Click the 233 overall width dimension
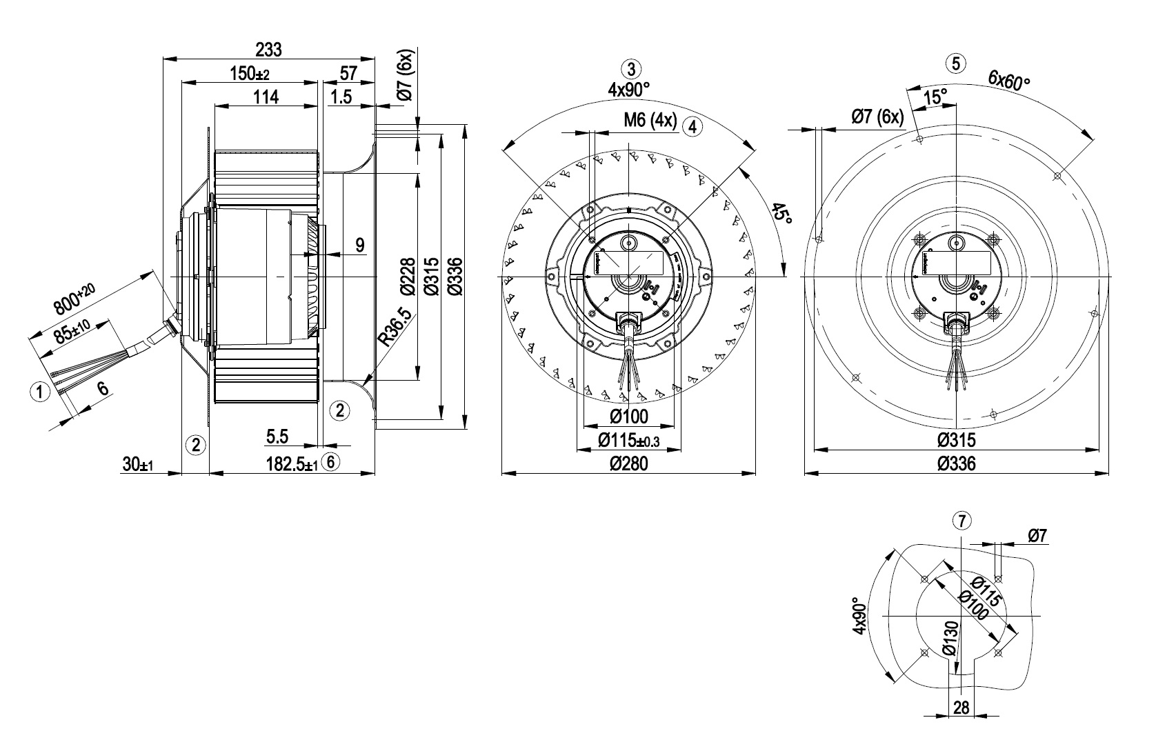pos(268,50)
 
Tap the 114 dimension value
pos(266,97)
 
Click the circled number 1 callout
pos(41,392)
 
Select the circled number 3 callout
pos(631,69)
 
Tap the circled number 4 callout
pos(692,126)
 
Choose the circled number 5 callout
pos(956,63)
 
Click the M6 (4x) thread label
pos(650,121)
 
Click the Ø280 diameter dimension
pos(629,464)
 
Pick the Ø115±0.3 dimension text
pos(628,440)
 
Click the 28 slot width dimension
pos(961,708)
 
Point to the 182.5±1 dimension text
pos(292,464)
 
